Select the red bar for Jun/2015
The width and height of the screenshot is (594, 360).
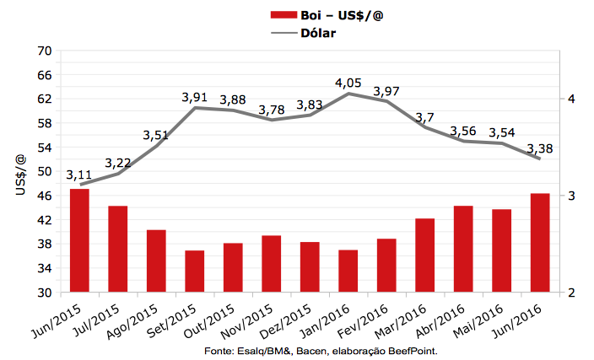pos(79,240)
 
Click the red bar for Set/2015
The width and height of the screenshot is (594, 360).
pos(195,271)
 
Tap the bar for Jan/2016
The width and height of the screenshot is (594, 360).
pos(348,271)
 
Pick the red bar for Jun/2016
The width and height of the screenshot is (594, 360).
pos(540,243)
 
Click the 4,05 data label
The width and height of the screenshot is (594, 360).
pos(348,83)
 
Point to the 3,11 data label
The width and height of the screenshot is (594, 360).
pos(79,175)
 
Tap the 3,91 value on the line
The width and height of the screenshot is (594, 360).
pos(195,98)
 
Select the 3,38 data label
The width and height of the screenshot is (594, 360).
pos(540,149)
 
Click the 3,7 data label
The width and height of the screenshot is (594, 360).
pos(425,116)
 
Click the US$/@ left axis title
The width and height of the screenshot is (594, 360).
pos(20,172)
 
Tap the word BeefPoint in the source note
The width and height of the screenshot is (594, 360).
pos(413,350)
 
